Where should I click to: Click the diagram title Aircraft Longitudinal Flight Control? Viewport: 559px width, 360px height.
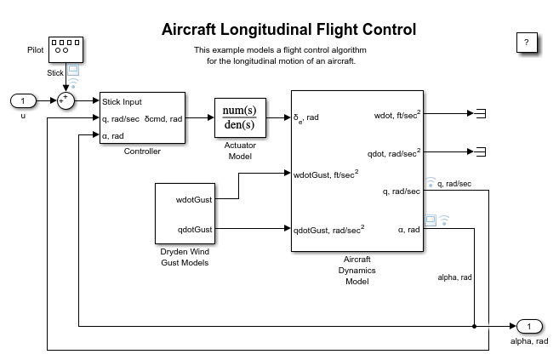[x=288, y=30]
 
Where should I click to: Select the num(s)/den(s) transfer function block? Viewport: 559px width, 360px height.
[x=241, y=118]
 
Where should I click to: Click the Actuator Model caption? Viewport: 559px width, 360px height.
[x=240, y=151]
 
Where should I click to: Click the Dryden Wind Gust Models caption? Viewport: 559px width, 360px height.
[x=185, y=257]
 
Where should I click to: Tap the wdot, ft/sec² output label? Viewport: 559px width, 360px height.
[x=396, y=113]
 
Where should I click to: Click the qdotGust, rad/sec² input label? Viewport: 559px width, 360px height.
[x=329, y=228]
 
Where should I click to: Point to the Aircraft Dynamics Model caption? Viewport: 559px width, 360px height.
[x=357, y=271]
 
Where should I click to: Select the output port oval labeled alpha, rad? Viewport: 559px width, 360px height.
[x=528, y=326]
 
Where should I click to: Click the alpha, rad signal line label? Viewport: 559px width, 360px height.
[x=454, y=277]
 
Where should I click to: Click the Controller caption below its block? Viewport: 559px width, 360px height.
[x=142, y=151]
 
